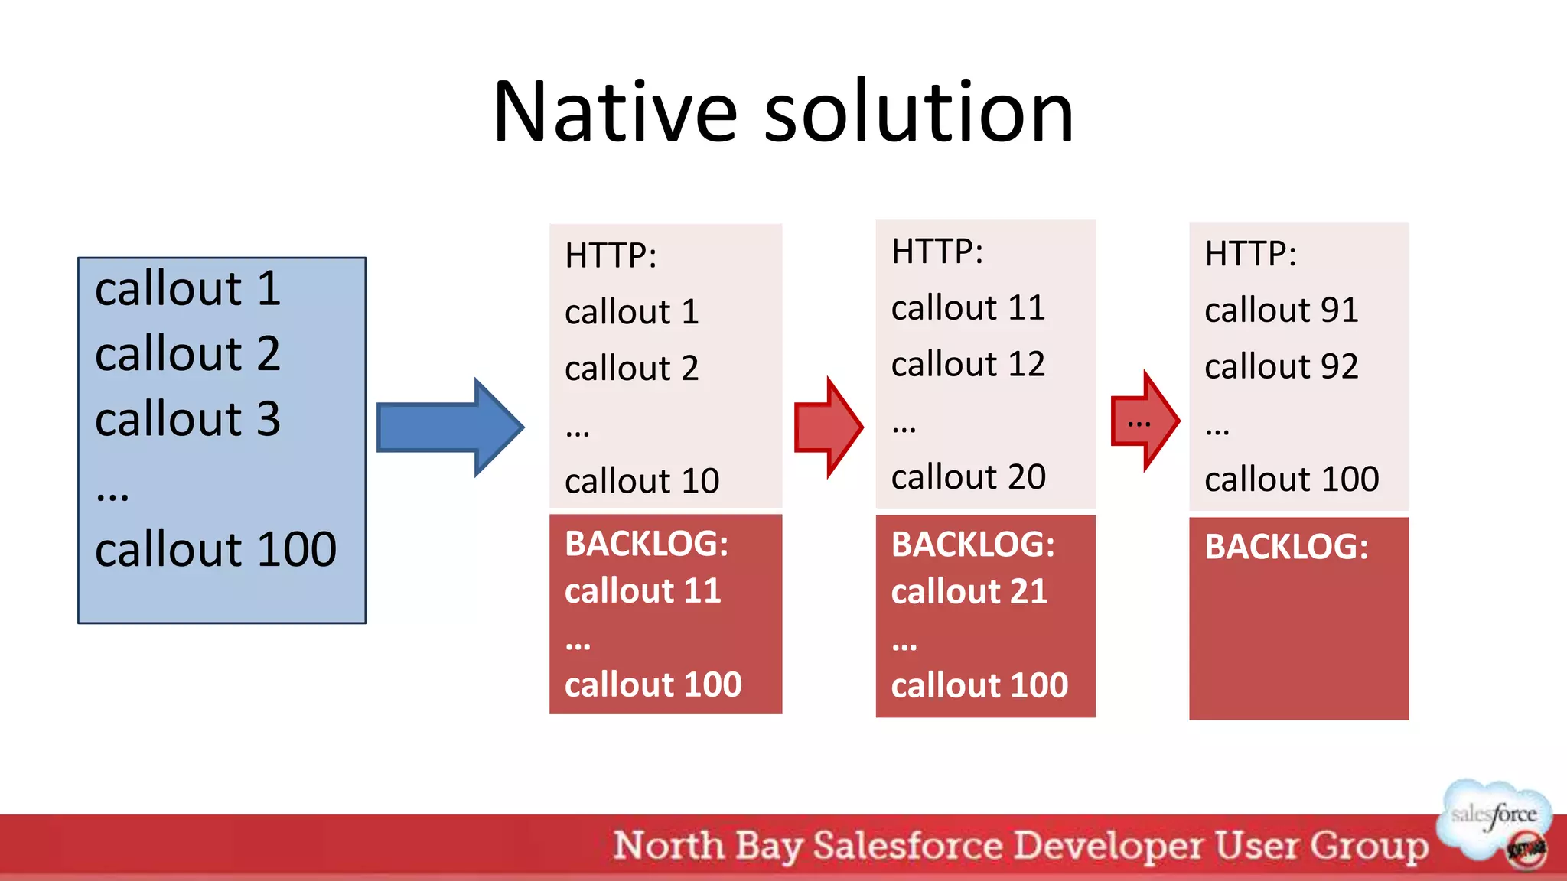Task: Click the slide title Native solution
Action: point(783,113)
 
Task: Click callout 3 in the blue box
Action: point(187,419)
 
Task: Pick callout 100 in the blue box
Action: point(215,549)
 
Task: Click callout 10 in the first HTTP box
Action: point(642,481)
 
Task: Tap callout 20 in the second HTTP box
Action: point(968,477)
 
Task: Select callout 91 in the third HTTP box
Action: point(1281,310)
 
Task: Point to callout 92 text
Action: point(1281,366)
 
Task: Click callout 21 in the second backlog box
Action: point(969,592)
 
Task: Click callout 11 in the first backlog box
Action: point(643,591)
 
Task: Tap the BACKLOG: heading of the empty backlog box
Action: point(1285,547)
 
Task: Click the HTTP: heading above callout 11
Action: point(937,252)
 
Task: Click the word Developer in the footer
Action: point(1109,847)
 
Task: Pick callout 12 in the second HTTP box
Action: point(968,364)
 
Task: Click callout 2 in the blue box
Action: point(187,354)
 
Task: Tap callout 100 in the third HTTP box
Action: point(1291,480)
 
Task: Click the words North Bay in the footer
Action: point(707,847)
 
